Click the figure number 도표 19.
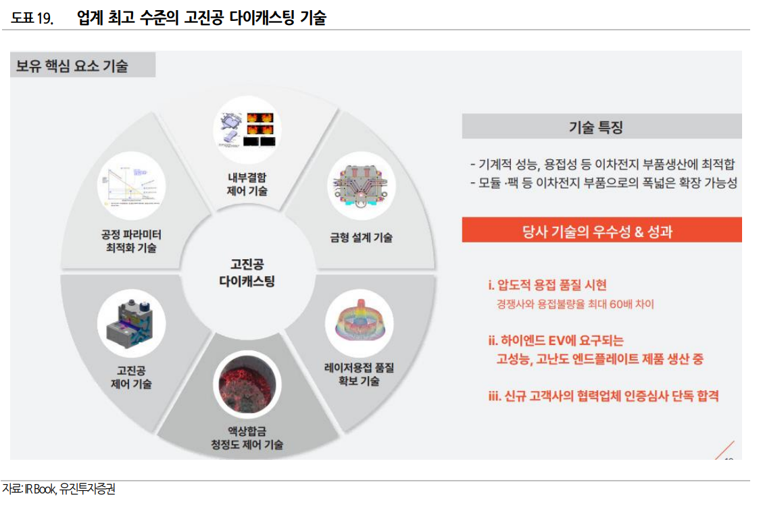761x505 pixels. (32, 18)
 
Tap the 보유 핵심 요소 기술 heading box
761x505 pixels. (82, 66)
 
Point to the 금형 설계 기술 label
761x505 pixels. (361, 237)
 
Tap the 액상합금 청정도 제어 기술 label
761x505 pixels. (246, 437)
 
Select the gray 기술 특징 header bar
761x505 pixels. (602, 126)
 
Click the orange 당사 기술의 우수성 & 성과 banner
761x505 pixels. (602, 231)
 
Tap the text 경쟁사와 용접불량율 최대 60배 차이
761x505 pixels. (575, 304)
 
